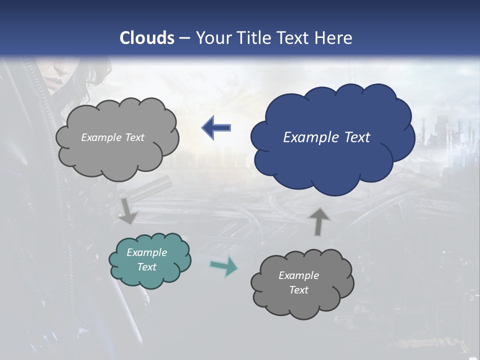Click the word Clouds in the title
point(147,38)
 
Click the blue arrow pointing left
point(216,128)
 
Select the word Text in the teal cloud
point(147,267)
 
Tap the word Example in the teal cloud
point(147,252)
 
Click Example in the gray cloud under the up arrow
point(298,275)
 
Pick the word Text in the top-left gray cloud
point(134,137)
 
